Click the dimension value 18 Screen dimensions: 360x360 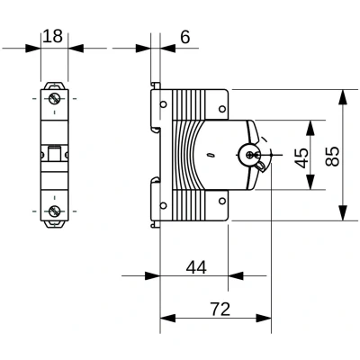(x=53, y=36)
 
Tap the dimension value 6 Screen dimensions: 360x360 (x=185, y=37)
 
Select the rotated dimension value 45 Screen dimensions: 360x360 (x=301, y=157)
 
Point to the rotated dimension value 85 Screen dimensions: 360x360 (x=332, y=156)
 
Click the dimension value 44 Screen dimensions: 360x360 (x=196, y=267)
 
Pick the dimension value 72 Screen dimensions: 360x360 (x=220, y=310)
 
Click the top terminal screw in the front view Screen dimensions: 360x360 (x=54, y=98)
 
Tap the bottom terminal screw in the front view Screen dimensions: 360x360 (x=54, y=211)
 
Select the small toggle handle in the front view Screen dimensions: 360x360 (x=54, y=153)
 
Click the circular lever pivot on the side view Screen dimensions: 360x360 (x=249, y=155)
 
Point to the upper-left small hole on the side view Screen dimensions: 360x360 (x=163, y=104)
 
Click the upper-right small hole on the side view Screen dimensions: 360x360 (x=222, y=109)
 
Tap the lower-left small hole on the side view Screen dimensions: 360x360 (x=163, y=205)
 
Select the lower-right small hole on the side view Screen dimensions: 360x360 (x=222, y=201)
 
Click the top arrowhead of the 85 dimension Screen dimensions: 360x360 (x=342, y=97)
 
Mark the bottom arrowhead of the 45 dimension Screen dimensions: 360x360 (x=310, y=182)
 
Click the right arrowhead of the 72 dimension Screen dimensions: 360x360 (x=264, y=318)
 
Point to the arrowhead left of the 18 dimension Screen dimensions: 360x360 (x=33, y=48)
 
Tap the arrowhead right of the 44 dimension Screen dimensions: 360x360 (x=236, y=275)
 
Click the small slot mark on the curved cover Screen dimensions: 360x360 (x=210, y=155)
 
